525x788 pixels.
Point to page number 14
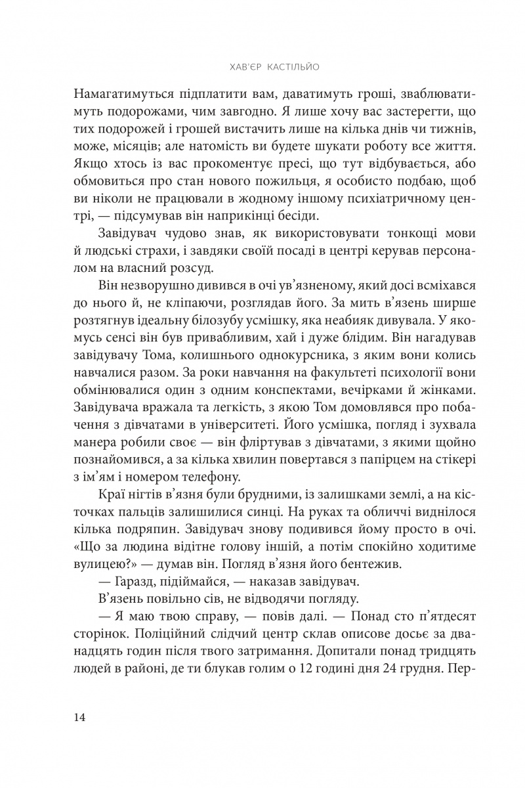[x=81, y=716]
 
